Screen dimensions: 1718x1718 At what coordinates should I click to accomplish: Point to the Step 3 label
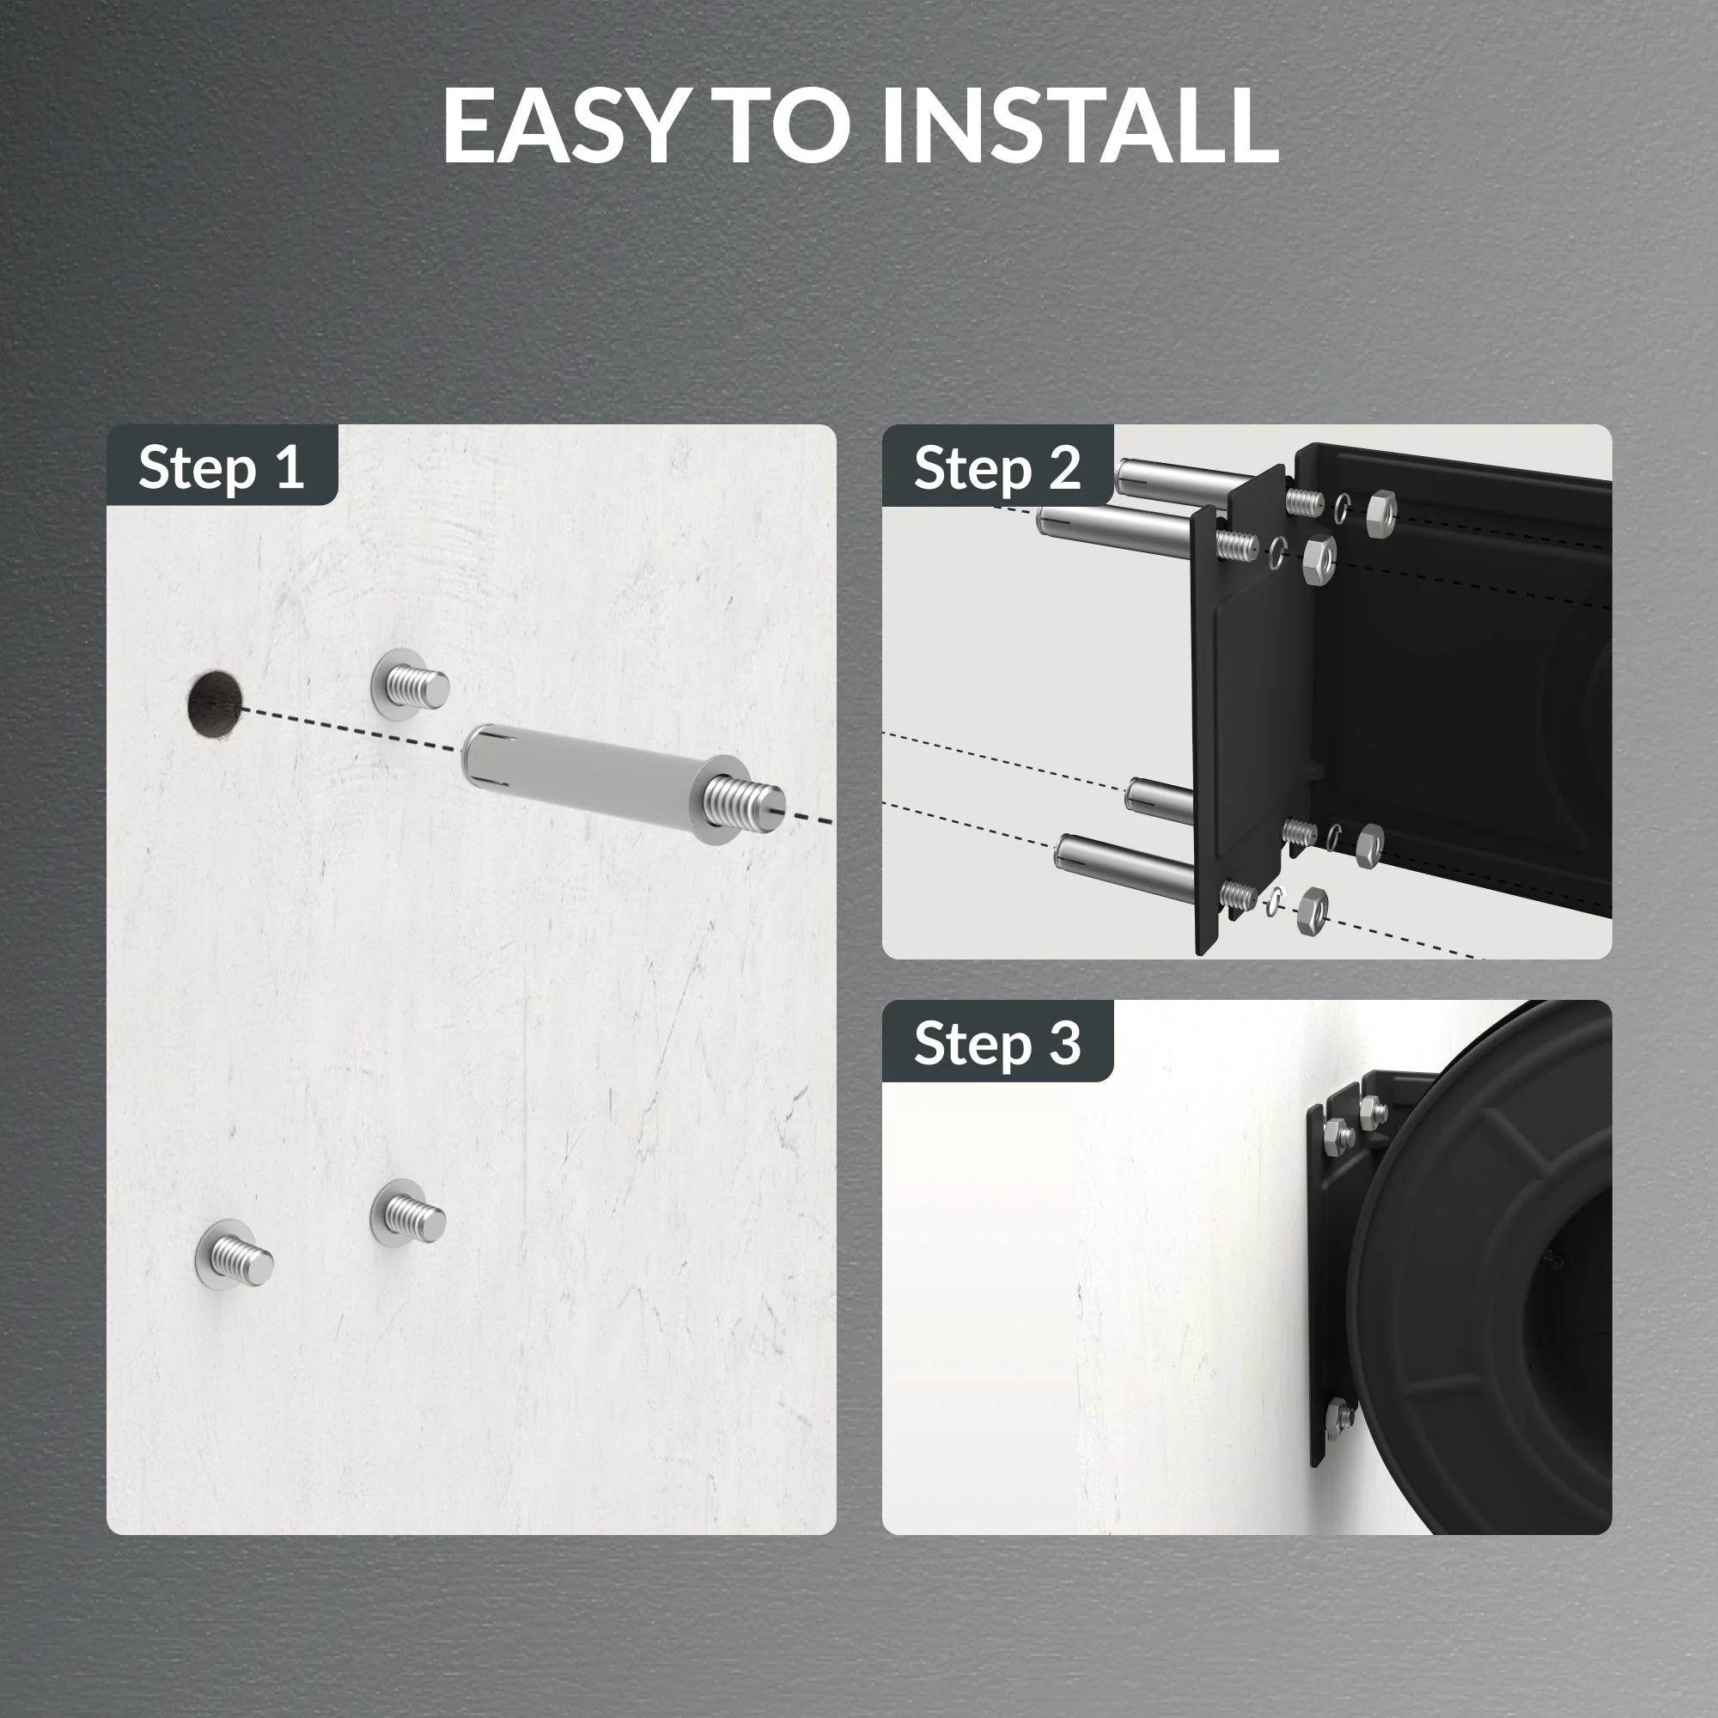[996, 1043]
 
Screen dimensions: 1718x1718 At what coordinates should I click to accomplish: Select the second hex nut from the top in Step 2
[1318, 560]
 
